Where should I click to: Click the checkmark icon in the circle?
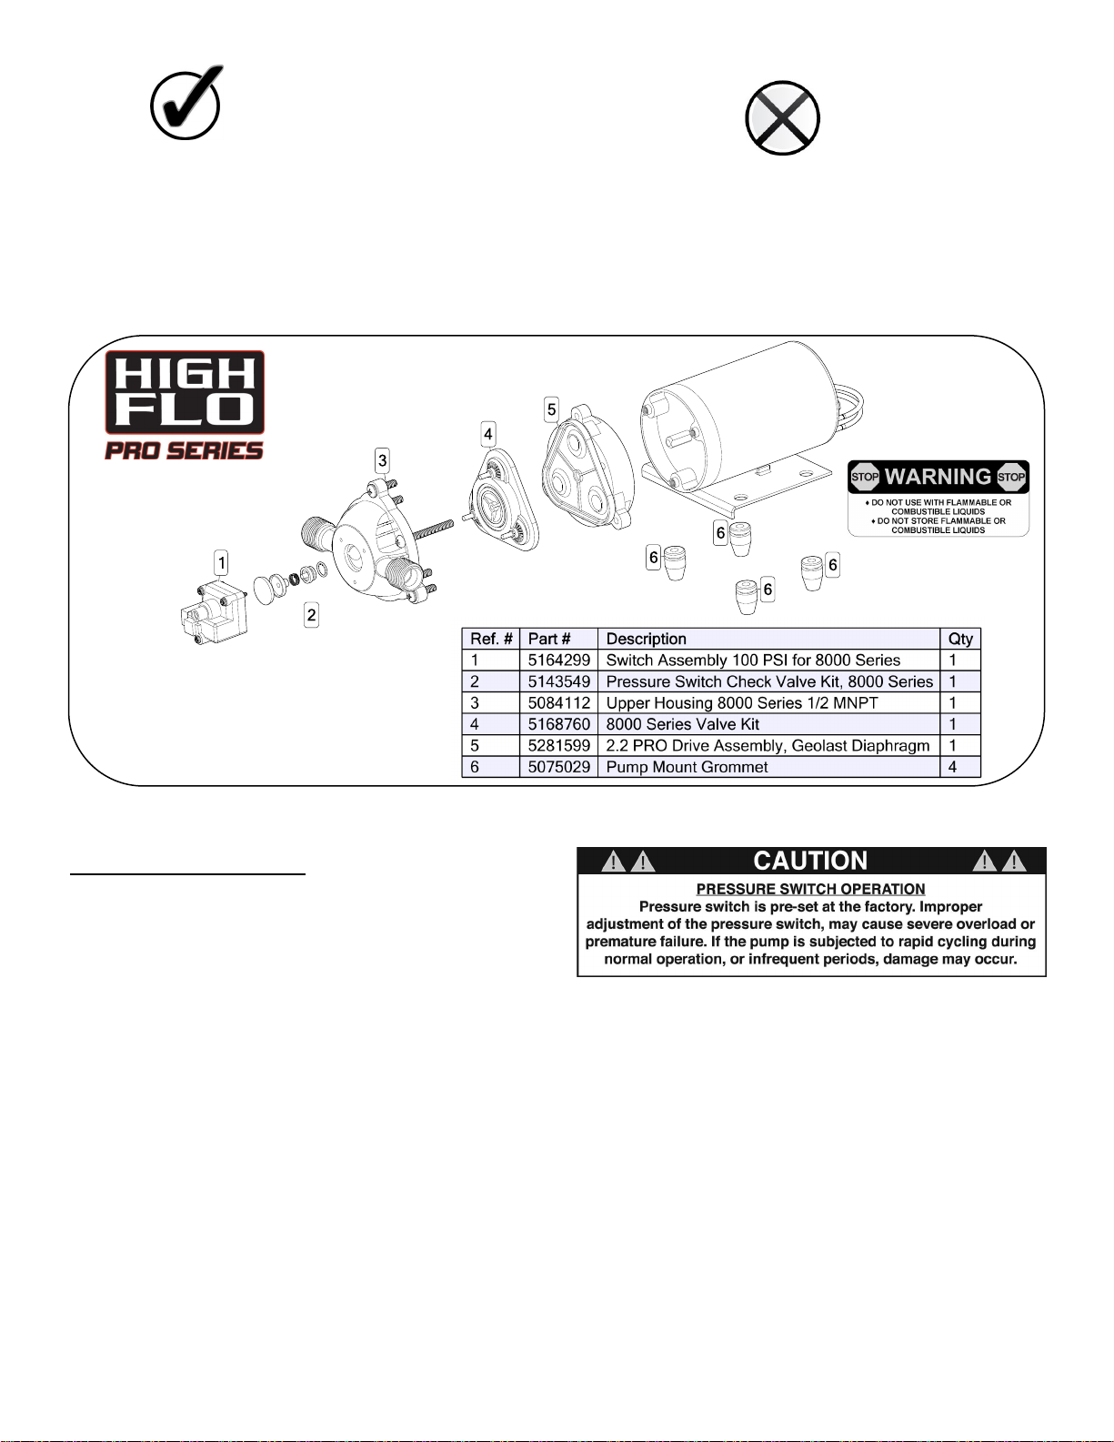tap(186, 103)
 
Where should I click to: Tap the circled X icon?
tap(782, 118)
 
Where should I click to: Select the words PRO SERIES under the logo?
tap(185, 450)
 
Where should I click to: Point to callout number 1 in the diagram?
tap(222, 563)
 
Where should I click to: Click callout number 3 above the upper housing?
tap(382, 460)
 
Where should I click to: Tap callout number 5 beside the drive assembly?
tap(551, 409)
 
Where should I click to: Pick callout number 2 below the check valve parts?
tap(311, 614)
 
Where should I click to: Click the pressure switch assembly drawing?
tap(215, 612)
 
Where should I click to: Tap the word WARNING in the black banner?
tap(938, 477)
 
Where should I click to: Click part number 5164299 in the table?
tap(559, 660)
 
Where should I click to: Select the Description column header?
tap(647, 639)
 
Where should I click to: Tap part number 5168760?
tap(559, 724)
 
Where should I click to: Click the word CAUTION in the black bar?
tap(810, 861)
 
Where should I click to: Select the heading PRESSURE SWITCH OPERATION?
tap(810, 889)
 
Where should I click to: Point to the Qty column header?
tap(960, 639)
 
